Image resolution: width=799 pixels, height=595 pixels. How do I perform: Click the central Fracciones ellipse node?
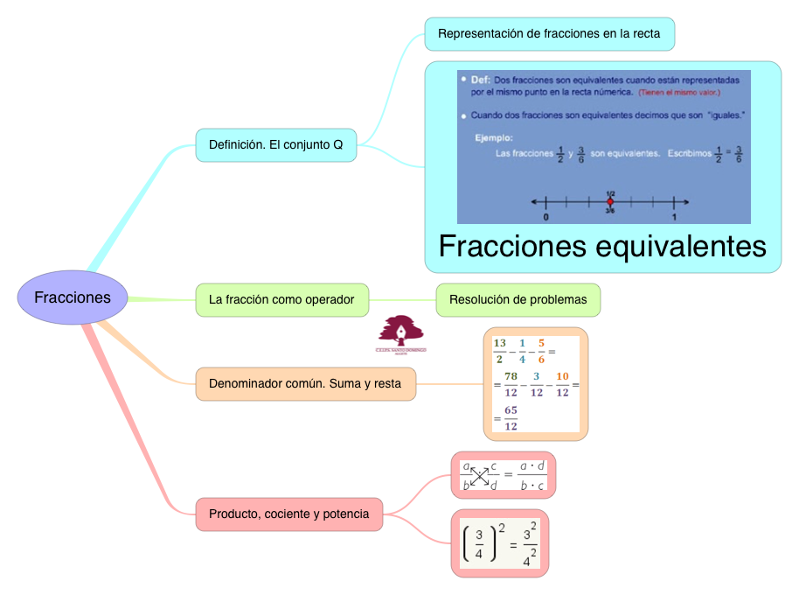coord(73,297)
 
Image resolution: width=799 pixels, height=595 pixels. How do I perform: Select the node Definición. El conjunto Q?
coord(276,144)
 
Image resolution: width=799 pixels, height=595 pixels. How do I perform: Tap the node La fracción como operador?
coord(281,299)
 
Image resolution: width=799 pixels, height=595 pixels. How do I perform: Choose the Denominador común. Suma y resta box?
coord(305,383)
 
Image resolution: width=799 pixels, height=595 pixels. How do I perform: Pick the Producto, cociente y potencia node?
coord(289,514)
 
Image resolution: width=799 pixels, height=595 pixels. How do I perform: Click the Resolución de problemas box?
coord(518,299)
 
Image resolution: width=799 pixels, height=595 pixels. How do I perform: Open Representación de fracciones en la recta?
coord(549,34)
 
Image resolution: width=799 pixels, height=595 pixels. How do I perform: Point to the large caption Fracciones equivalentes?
coord(602,246)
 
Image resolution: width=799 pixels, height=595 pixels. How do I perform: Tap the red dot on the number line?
coord(610,202)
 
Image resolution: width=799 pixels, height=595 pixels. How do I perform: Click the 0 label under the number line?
coord(546,216)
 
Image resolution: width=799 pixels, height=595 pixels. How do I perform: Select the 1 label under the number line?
coord(674,216)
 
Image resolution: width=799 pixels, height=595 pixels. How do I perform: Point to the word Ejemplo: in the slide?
coord(494,137)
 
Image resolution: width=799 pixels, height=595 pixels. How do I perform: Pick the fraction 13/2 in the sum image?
coord(500,350)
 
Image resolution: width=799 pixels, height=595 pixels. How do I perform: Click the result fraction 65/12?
coord(511,418)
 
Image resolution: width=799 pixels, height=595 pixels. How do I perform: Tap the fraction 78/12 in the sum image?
coord(511,384)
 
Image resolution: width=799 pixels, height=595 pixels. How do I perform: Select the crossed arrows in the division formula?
coord(479,475)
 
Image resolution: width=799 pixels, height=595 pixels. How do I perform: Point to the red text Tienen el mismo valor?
coord(678,92)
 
